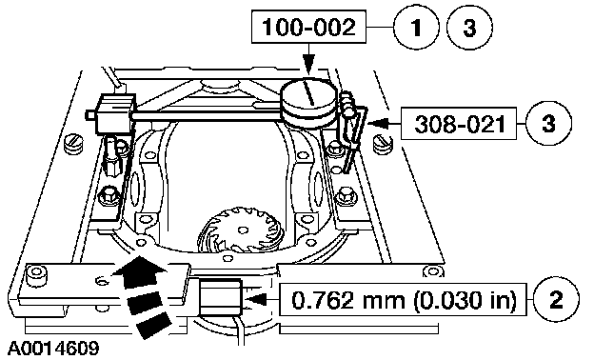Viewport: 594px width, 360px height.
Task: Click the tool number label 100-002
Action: [308, 27]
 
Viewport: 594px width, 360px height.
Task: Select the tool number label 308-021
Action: [460, 124]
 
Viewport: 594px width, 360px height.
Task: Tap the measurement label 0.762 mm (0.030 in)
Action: [404, 300]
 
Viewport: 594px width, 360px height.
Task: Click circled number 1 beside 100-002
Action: [416, 27]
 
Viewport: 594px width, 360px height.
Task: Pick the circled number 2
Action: [556, 299]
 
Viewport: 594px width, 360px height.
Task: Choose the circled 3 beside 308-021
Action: [549, 124]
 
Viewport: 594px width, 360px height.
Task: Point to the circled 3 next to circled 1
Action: [469, 27]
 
